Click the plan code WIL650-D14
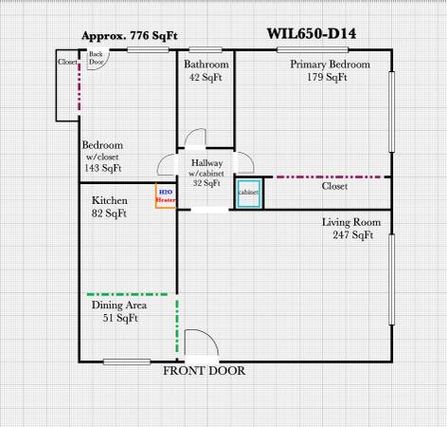point(312,34)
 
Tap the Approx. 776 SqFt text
point(130,35)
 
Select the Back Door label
point(96,58)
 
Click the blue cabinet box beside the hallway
point(249,194)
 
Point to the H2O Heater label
point(166,195)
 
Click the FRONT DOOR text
point(205,371)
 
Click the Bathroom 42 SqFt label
point(206,70)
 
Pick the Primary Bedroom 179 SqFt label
point(330,70)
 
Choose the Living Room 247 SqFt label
point(351,229)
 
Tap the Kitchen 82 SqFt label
point(110,207)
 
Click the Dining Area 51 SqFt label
point(119,311)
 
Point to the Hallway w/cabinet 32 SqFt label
point(206,173)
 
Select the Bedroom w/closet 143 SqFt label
point(102,157)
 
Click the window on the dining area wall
point(127,362)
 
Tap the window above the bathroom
point(206,49)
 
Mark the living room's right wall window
point(392,280)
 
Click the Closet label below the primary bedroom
point(334,186)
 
